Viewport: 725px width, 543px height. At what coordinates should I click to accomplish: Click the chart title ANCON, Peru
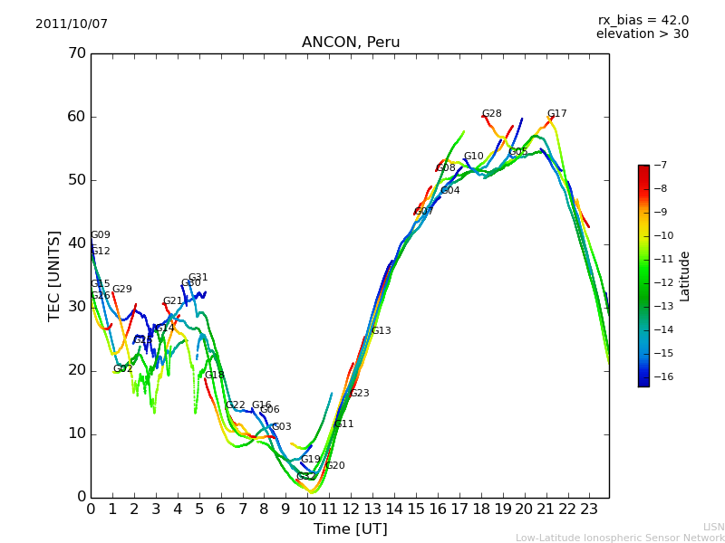pos(351,43)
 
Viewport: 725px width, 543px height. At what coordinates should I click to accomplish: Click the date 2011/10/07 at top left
pos(72,24)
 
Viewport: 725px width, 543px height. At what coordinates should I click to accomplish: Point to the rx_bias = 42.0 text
pos(643,21)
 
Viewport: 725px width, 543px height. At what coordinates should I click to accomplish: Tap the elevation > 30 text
pos(642,34)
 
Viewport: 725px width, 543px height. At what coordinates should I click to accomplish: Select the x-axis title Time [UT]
pos(350,529)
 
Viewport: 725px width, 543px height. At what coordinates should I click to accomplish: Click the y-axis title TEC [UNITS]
pos(54,275)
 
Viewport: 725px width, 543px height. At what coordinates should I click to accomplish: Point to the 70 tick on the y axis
pos(75,53)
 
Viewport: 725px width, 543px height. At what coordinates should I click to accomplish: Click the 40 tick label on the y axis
pos(75,243)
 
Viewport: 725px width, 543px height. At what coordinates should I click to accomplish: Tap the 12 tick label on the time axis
pos(351,510)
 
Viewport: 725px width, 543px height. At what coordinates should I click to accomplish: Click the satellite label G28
pos(491,114)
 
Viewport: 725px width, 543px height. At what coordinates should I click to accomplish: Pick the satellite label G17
pos(556,114)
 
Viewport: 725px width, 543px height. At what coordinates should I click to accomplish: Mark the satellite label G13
pos(381,331)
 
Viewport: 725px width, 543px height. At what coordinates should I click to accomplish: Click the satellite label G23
pos(359,394)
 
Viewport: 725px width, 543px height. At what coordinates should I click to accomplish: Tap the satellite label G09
pos(100,235)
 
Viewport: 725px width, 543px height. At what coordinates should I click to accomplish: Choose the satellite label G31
pos(198,278)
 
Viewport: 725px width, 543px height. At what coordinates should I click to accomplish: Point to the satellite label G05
pos(517,152)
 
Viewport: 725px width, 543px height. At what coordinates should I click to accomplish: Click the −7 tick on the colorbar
pos(660,166)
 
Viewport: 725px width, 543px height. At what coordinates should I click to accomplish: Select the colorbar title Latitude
pos(685,276)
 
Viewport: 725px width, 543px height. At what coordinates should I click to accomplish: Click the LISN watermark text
pos(713,527)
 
